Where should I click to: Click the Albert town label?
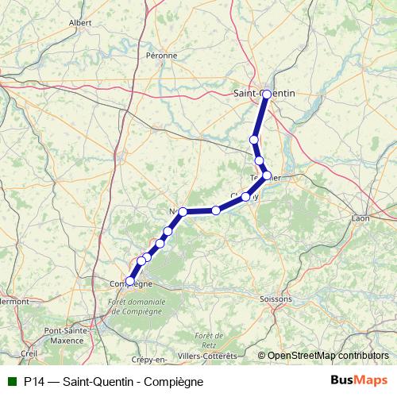(x=80, y=23)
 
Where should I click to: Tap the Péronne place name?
(x=162, y=56)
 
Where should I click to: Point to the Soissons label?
(x=276, y=299)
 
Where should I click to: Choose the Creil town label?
(x=30, y=353)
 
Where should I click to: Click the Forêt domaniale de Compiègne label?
(x=140, y=306)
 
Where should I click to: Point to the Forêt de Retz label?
(x=209, y=340)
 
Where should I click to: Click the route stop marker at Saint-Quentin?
(x=266, y=94)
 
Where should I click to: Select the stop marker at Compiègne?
(x=130, y=280)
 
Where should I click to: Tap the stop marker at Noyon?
(x=183, y=211)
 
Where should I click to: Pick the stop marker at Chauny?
(x=246, y=196)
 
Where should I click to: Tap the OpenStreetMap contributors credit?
(x=328, y=355)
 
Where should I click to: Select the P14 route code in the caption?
(x=33, y=381)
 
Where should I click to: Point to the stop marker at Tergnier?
(x=267, y=175)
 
